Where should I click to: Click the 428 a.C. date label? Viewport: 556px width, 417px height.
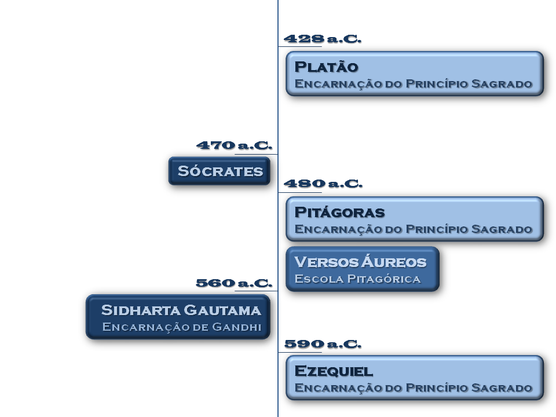(323, 39)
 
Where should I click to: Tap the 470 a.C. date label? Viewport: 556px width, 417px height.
(235, 145)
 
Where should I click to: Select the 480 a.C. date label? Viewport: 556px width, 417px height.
(323, 184)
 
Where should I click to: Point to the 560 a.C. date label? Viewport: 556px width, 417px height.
(234, 283)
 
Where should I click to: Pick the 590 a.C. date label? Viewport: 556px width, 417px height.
(323, 344)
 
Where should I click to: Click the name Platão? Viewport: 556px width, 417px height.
(326, 67)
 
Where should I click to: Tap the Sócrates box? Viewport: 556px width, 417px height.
(220, 171)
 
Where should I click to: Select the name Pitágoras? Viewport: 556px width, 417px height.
(339, 213)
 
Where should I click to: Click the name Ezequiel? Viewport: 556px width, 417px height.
(334, 371)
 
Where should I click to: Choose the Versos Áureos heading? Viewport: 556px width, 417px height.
(360, 262)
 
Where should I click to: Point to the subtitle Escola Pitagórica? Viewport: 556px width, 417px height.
(357, 279)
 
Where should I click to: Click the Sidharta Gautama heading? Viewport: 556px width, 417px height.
(181, 310)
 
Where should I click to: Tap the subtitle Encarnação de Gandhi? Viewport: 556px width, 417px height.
(181, 327)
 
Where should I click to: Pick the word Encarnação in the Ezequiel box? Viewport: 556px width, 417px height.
(338, 388)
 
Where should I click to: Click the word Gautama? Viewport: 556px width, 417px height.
(222, 310)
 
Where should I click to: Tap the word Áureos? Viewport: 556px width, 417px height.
(394, 262)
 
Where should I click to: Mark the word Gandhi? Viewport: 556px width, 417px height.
(236, 327)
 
